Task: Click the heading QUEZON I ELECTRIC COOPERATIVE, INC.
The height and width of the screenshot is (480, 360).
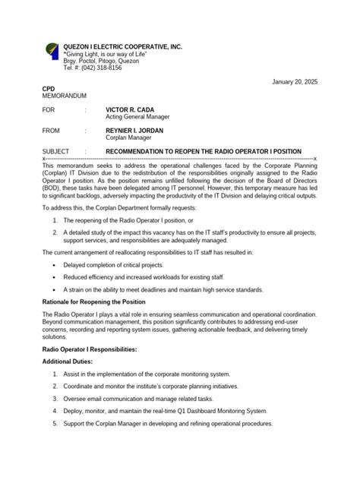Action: pyautogui.click(x=123, y=47)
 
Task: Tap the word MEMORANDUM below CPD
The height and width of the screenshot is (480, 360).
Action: pyautogui.click(x=64, y=96)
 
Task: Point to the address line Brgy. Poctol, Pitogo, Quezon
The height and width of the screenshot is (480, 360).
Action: pyautogui.click(x=106, y=61)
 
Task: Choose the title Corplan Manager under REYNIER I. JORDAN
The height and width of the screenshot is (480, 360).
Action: pyautogui.click(x=127, y=138)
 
